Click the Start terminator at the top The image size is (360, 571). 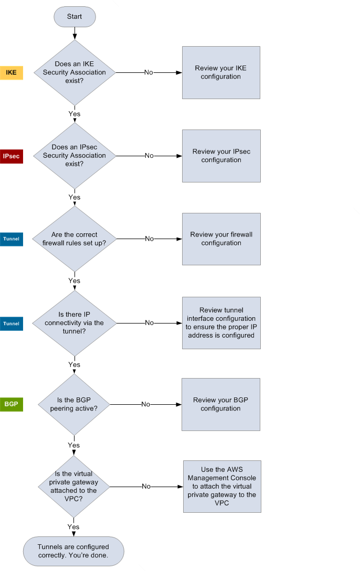(x=75, y=17)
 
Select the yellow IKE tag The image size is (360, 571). (x=12, y=72)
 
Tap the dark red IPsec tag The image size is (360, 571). (x=12, y=156)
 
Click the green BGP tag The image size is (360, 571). (x=12, y=404)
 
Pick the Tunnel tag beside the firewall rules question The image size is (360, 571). (x=12, y=239)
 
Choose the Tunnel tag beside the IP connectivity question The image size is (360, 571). (x=12, y=324)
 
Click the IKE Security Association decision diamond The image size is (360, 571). (x=75, y=72)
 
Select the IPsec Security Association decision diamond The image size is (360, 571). (x=75, y=156)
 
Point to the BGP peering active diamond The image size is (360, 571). (x=75, y=404)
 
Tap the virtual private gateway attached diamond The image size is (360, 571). (x=73, y=486)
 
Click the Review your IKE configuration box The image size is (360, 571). (x=221, y=72)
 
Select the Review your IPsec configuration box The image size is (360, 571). (x=221, y=156)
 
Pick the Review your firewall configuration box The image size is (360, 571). (x=221, y=239)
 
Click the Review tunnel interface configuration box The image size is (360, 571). (x=221, y=323)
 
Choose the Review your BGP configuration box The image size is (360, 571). (x=220, y=404)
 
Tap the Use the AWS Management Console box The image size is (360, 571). (x=221, y=486)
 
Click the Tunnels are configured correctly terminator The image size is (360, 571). (x=73, y=551)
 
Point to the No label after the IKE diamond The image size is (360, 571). (x=149, y=72)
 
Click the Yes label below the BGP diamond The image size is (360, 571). (x=74, y=445)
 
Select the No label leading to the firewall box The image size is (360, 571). (x=149, y=239)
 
